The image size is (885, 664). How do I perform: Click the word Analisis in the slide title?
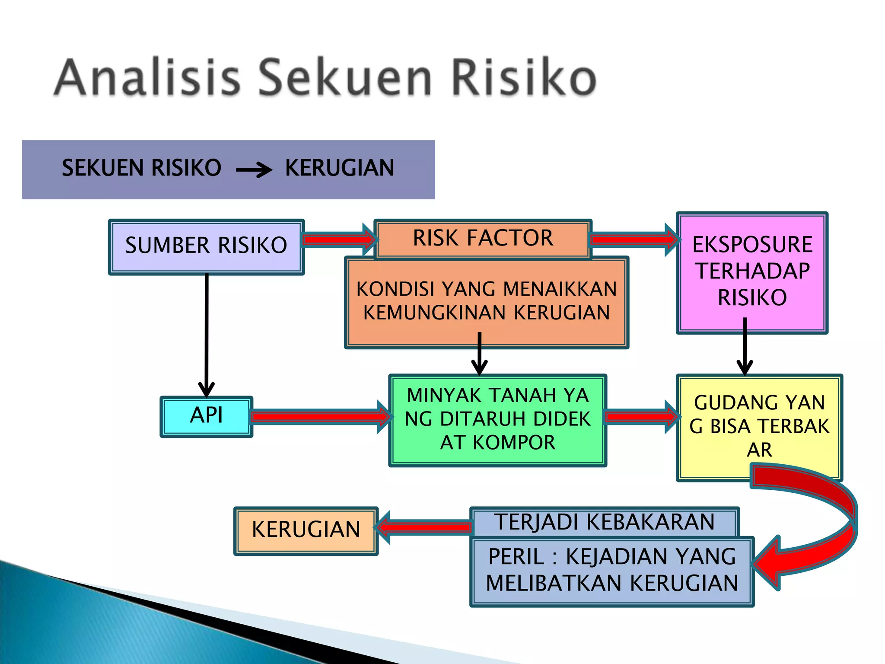point(147,78)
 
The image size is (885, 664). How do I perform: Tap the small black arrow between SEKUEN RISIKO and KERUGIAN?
point(254,169)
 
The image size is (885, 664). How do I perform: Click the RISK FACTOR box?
point(482,238)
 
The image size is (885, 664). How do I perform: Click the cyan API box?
point(206,416)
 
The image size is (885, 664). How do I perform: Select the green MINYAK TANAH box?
point(497,419)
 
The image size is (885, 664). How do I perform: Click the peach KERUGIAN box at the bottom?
point(306,530)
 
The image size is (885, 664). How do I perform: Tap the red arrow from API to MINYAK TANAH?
point(320,417)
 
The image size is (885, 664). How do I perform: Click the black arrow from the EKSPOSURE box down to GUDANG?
point(745,346)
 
